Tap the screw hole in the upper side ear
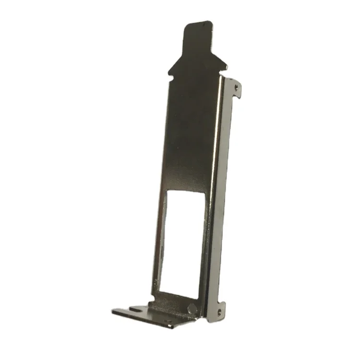click(236, 87)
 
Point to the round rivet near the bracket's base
click(192, 308)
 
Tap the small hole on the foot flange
click(168, 321)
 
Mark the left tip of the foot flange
click(113, 312)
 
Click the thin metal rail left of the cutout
click(160, 240)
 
